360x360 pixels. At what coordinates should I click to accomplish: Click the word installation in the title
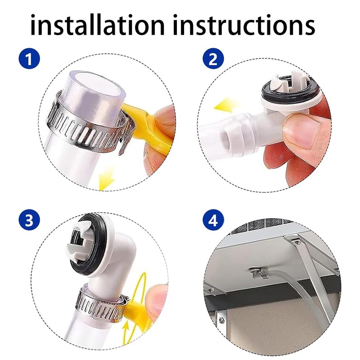97,25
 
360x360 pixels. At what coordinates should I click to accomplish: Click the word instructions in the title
244,25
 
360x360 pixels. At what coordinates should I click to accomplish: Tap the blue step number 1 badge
29,58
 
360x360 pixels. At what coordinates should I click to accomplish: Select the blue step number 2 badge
213,58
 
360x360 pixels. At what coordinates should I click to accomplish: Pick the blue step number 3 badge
29,220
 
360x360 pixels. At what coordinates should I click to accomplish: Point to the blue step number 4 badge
213,220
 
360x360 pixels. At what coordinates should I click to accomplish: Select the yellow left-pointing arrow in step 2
226,106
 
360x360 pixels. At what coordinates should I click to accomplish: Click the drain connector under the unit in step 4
259,273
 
